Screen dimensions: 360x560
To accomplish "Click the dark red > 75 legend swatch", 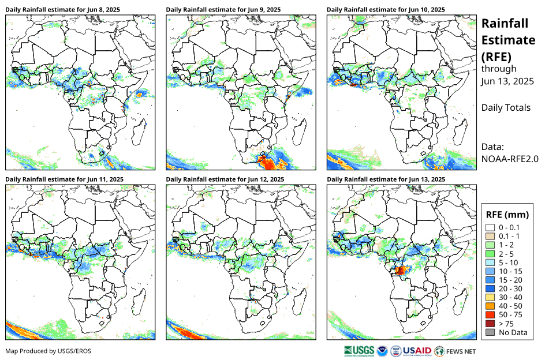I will (490, 323).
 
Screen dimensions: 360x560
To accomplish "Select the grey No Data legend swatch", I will (490, 332).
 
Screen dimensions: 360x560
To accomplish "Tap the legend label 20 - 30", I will (510, 288).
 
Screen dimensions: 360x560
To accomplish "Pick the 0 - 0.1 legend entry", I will (509, 228).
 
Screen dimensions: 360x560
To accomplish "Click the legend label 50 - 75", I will (510, 314).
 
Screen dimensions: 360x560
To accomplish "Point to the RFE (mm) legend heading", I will (507, 215).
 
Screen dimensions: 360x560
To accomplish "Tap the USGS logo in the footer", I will (358, 351).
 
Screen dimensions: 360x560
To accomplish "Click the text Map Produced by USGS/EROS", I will (48, 351).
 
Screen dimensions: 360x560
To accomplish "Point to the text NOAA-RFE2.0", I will (509, 159).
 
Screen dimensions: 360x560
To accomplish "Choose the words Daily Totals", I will (506, 107).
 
